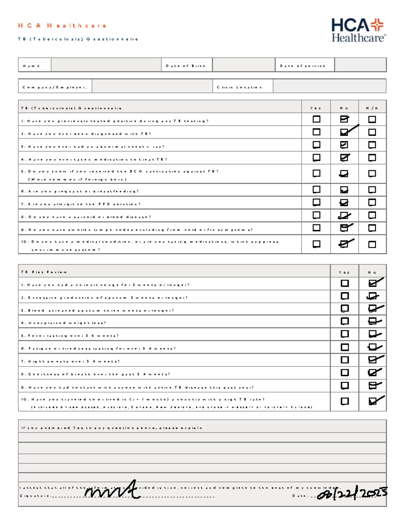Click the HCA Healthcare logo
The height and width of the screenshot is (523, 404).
[x=359, y=30]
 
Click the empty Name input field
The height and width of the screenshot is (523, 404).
[x=106, y=65]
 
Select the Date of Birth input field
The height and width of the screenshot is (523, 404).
[x=243, y=65]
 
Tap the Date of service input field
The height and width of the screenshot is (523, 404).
[x=360, y=65]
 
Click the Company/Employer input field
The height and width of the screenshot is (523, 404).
[x=152, y=86]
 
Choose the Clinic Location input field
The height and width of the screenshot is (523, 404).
[x=329, y=86]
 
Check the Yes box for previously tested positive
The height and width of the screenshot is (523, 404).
[x=316, y=119]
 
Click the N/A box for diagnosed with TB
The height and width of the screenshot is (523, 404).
[x=372, y=132]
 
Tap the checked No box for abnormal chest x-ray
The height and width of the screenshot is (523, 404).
[x=344, y=145]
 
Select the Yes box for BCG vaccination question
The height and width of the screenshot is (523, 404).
[x=316, y=173]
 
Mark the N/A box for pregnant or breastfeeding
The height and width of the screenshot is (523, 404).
[x=372, y=190]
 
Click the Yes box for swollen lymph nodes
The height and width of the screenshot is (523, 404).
[x=316, y=228]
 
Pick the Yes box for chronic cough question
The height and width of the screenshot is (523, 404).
[x=345, y=283]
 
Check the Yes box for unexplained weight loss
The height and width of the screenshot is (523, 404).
[x=345, y=321]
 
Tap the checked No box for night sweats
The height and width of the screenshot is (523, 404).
[x=373, y=360]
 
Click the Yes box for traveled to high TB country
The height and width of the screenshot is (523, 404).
[x=345, y=401]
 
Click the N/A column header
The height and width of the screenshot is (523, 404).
[x=372, y=108]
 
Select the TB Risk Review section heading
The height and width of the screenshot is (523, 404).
[x=44, y=272]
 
